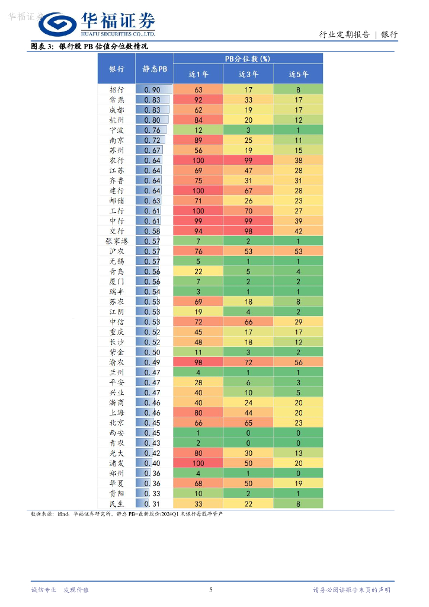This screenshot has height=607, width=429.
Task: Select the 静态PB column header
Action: (155, 69)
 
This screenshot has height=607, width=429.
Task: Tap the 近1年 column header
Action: (198, 74)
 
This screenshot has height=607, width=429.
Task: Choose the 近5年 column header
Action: (298, 74)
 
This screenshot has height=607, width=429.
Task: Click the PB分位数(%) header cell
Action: (248, 59)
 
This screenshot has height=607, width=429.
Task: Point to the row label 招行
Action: (117, 90)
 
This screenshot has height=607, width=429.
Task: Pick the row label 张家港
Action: (117, 241)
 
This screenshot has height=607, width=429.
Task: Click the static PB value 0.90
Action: (153, 90)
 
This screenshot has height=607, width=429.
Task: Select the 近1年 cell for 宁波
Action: (198, 130)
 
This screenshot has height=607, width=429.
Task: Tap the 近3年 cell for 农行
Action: (248, 161)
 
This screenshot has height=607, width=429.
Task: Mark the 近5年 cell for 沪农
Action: (298, 251)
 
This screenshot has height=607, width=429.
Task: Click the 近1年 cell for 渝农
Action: (198, 362)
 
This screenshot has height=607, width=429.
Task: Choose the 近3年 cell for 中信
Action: (248, 321)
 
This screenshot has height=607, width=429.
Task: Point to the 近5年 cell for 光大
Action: (298, 453)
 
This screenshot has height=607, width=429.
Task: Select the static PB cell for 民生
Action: (153, 503)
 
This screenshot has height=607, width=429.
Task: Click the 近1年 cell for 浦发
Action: (198, 463)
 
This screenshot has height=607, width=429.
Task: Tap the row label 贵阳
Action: (117, 493)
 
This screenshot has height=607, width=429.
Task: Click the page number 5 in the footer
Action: (211, 589)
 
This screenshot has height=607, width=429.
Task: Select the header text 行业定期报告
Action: (344, 35)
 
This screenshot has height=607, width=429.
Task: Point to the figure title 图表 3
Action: (42, 46)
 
